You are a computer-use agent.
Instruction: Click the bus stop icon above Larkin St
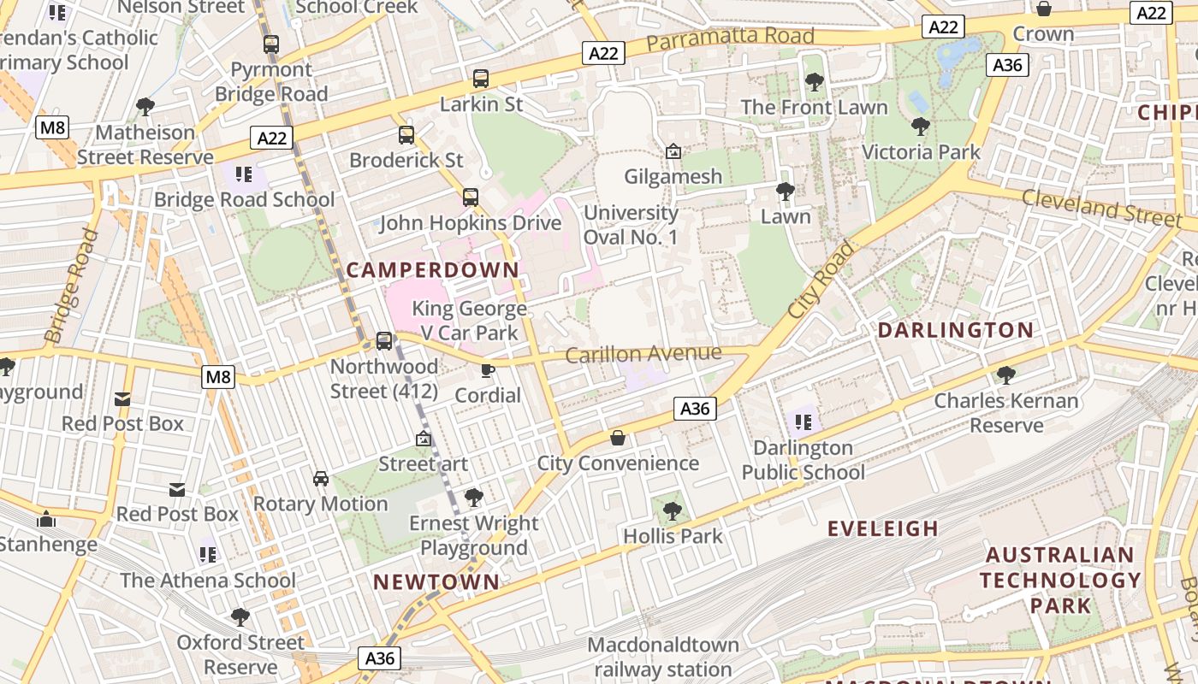pyautogui.click(x=481, y=79)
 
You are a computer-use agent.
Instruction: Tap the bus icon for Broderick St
pyautogui.click(x=406, y=135)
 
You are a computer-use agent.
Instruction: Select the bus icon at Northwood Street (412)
pyautogui.click(x=384, y=341)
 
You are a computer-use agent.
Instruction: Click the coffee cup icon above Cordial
pyautogui.click(x=488, y=370)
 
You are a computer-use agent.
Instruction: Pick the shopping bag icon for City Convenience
pyautogui.click(x=618, y=439)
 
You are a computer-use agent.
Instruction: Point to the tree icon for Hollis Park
pyautogui.click(x=673, y=511)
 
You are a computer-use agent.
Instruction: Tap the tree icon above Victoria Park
pyautogui.click(x=921, y=127)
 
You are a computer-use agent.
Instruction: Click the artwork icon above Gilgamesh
pyautogui.click(x=673, y=151)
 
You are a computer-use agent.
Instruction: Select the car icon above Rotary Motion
pyautogui.click(x=321, y=479)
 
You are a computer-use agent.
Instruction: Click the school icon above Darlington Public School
pyautogui.click(x=803, y=422)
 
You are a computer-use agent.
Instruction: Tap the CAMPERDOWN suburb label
pyautogui.click(x=433, y=270)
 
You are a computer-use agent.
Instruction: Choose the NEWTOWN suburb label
pyautogui.click(x=436, y=582)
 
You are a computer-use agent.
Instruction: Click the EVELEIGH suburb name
pyautogui.click(x=883, y=528)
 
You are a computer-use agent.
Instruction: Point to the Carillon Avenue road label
pyautogui.click(x=643, y=353)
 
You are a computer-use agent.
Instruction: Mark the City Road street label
pyautogui.click(x=821, y=280)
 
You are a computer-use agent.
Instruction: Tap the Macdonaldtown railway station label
pyautogui.click(x=663, y=657)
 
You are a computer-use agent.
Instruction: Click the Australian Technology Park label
pyautogui.click(x=1060, y=580)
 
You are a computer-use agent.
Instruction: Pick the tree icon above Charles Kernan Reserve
pyautogui.click(x=1006, y=375)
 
